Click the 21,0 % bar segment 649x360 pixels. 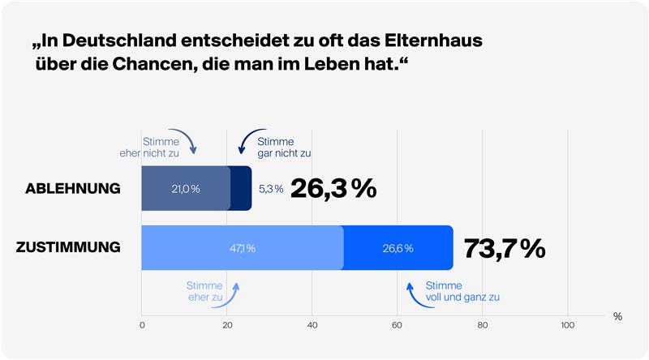tap(186, 189)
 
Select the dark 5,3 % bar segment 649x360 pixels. tap(241, 189)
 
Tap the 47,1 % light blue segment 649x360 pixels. tap(242, 247)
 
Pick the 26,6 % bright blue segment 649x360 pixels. tap(398, 247)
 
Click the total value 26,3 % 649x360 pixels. tap(333, 188)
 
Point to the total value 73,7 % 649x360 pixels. tap(504, 248)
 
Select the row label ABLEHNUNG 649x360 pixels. tap(73, 189)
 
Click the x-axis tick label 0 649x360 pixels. tap(143, 326)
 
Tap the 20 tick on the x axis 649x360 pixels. tap(227, 326)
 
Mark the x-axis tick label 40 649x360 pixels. tap(312, 326)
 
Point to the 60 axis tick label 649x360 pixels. tap(398, 326)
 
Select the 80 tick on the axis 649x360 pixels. tap(483, 326)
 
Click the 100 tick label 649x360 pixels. tap(568, 326)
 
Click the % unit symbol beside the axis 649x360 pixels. tap(617, 316)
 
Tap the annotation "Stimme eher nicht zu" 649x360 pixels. tap(144, 146)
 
